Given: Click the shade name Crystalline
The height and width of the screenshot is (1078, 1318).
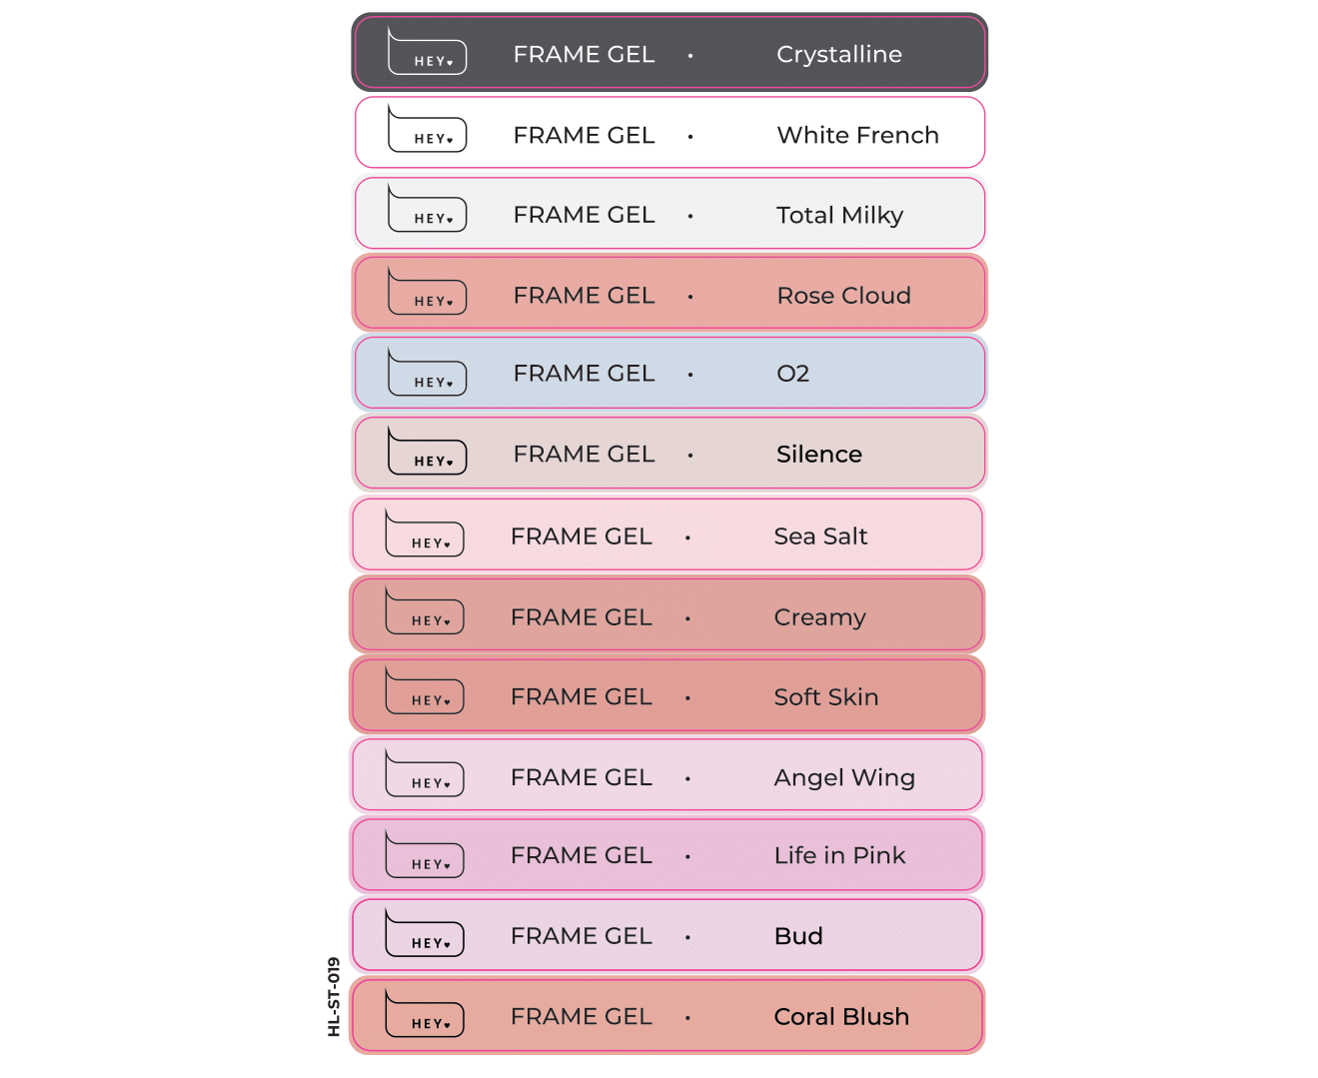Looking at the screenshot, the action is coord(838,54).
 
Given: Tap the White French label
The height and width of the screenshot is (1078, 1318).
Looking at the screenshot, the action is coord(857,135).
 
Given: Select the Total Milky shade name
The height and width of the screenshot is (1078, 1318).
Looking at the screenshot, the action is coord(839,216).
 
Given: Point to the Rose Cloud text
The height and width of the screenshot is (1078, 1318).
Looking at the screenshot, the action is coord(843,296).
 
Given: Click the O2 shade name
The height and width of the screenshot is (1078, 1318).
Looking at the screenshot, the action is coord(792,374).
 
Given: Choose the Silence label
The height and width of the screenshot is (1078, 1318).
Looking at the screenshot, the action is coord(818,455).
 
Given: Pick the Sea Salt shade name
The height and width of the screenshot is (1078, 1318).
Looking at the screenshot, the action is coord(820,537).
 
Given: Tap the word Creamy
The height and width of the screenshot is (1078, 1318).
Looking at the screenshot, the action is coord(819,618).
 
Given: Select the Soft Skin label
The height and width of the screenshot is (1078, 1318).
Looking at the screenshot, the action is coord(825,696).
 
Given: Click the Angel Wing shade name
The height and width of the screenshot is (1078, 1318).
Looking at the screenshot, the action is coord(844,778).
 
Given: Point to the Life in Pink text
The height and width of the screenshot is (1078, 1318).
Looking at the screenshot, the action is coord(839,855).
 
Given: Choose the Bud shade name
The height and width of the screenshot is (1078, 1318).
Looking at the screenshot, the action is coord(798,936).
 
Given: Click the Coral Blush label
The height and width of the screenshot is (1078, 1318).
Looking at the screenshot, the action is coord(841,1017).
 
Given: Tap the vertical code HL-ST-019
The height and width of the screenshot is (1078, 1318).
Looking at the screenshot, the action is coord(334,997).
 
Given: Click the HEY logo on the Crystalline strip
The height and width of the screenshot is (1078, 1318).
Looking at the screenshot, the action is coord(427,51).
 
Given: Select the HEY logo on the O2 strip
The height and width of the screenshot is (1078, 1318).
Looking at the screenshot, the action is coord(427,372).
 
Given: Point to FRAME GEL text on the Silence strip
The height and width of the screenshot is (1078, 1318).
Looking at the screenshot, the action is coord(584,455).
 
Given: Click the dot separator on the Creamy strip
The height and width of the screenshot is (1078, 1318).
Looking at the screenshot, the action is coord(687,618).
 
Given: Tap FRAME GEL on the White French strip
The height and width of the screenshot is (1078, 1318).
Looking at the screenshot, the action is coord(584,135).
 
